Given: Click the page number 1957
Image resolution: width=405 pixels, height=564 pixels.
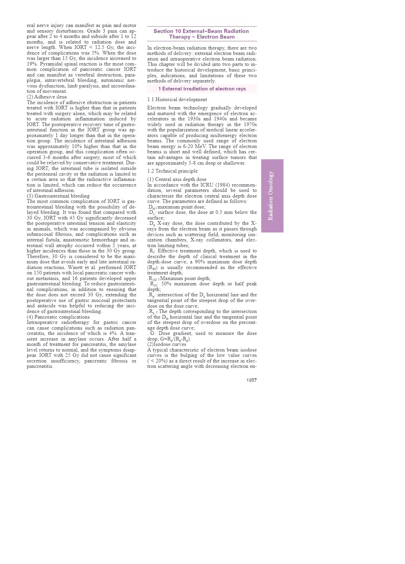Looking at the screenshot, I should click(x=251, y=380).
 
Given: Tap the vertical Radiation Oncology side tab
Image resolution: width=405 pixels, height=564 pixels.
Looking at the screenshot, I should click(x=272, y=196).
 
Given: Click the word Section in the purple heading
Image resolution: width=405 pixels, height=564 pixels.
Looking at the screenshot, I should click(x=164, y=31).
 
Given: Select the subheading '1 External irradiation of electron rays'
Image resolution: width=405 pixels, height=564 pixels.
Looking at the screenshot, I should click(x=202, y=89).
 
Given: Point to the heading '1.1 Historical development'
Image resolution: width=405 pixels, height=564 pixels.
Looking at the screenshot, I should click(x=177, y=99).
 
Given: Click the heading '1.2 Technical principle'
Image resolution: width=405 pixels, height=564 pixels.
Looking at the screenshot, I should click(x=172, y=171).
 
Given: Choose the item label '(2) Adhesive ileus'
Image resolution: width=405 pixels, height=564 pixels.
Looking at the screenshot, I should click(x=47, y=97).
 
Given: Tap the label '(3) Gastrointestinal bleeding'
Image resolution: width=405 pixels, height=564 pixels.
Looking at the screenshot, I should click(x=58, y=196).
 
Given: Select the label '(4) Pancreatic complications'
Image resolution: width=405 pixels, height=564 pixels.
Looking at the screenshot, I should click(x=58, y=317).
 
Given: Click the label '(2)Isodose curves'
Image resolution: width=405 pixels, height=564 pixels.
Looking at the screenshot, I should click(x=167, y=344).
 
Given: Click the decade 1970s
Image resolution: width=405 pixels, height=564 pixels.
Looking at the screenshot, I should click(x=250, y=124).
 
